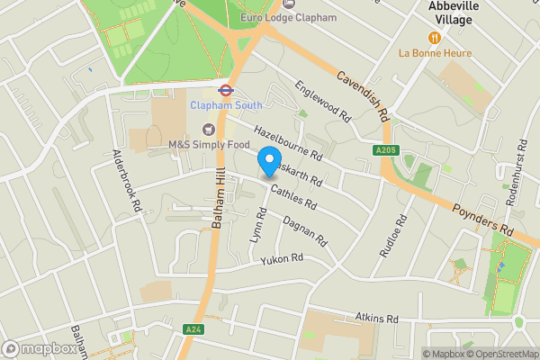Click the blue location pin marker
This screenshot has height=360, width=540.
(268, 162)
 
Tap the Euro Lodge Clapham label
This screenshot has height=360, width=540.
(289, 17)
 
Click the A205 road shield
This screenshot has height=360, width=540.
(385, 150)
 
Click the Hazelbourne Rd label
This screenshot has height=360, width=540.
(287, 140)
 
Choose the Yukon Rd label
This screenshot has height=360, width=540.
(283, 259)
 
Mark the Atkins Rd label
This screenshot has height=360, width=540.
(376, 318)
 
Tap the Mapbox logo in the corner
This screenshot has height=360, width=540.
(39, 349)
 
